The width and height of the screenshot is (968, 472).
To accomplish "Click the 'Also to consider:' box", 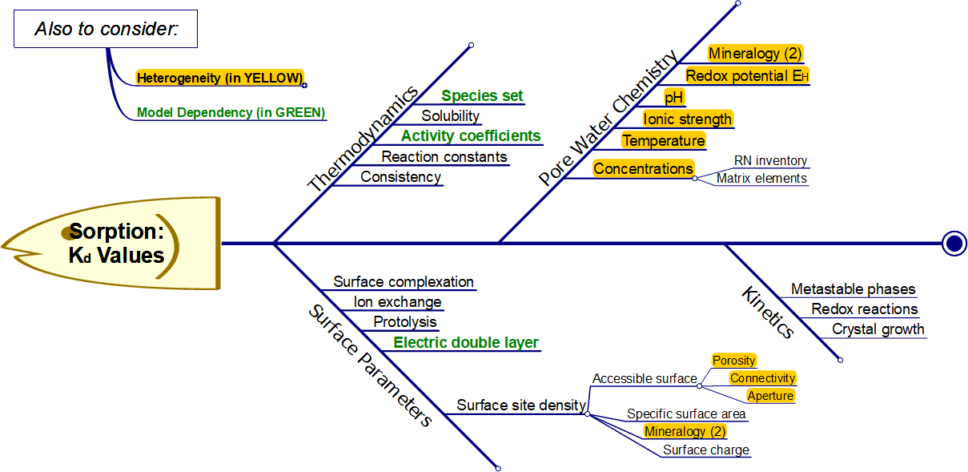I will point(106,30).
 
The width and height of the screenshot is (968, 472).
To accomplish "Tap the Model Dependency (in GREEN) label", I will point(231,113).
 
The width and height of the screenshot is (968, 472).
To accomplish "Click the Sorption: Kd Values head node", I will point(116,243).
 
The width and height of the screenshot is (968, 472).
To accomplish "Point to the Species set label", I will point(482,96).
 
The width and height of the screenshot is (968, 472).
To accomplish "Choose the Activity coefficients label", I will point(471,136).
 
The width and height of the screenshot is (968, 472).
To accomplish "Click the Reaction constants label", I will point(444,156).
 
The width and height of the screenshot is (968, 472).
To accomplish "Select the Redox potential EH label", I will point(748,75).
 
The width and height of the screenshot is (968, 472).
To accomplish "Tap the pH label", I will point(675,98).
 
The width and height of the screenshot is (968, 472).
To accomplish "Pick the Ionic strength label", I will point(688,119).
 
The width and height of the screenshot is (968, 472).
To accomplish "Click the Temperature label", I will point(664,141).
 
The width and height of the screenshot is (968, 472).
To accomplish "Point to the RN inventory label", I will point(770,161).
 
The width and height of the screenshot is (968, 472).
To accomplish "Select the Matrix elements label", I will point(761,179).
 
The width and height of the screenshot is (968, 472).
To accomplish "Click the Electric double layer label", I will point(466,343).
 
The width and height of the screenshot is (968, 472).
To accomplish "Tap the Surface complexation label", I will point(404,282).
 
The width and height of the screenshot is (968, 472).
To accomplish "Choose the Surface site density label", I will point(521,405).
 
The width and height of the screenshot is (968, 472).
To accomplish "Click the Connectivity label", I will point(762,378).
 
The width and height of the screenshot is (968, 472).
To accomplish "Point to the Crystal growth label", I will point(878,329).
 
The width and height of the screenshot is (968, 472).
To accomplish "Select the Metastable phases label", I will point(853,289).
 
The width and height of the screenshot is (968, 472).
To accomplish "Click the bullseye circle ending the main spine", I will point(954,243).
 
